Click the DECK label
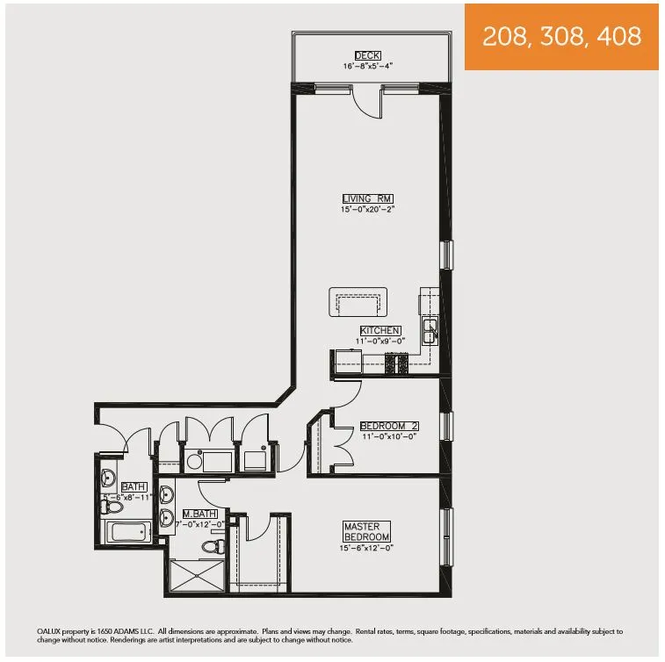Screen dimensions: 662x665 click(x=367, y=56)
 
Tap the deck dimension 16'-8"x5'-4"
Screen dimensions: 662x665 click(x=367, y=67)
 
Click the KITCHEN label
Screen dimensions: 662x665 click(x=380, y=330)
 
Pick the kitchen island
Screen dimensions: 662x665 click(x=357, y=302)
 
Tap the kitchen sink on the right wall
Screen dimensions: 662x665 click(x=430, y=330)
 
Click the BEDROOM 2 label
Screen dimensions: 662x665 click(x=387, y=427)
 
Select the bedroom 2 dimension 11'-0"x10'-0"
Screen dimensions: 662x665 click(x=387, y=436)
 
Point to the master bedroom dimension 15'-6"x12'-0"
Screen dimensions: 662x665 click(x=366, y=547)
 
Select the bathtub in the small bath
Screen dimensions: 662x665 click(x=128, y=532)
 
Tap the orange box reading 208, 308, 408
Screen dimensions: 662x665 click(x=561, y=37)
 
